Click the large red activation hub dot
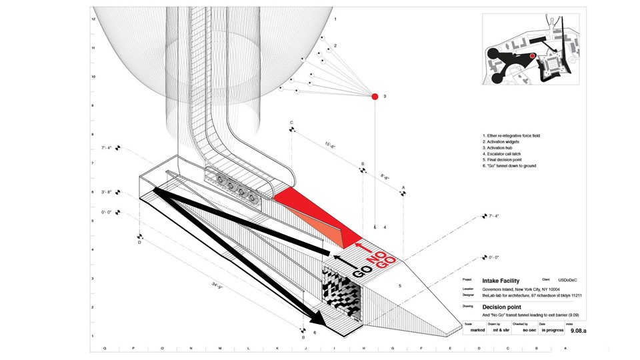(x=375, y=97)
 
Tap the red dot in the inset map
(x=532, y=56)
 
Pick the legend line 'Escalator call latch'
(x=506, y=154)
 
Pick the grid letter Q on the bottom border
(x=105, y=348)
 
